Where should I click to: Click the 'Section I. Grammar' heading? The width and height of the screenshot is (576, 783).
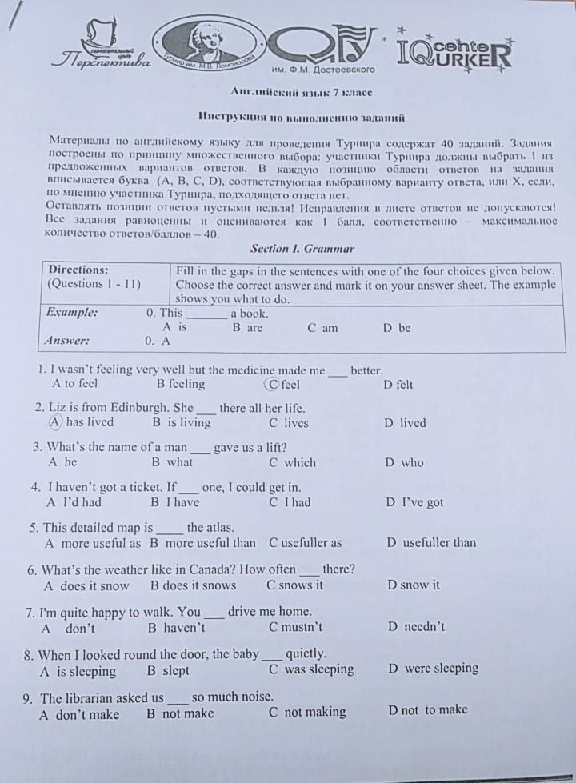[302, 249]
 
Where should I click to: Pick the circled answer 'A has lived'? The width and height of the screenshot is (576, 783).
[81, 422]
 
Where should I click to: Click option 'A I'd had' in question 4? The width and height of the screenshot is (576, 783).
[74, 502]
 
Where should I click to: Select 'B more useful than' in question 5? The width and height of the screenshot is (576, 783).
[204, 543]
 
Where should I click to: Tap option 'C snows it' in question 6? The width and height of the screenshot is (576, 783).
[295, 585]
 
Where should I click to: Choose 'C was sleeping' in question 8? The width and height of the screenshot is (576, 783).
[311, 669]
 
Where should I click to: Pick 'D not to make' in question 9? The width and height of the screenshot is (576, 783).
[428, 710]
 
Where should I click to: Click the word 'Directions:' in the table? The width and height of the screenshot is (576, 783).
[78, 270]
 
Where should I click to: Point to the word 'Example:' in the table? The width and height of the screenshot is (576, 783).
[72, 313]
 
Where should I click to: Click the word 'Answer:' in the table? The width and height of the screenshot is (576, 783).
[67, 340]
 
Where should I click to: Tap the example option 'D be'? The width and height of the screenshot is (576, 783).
[397, 327]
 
